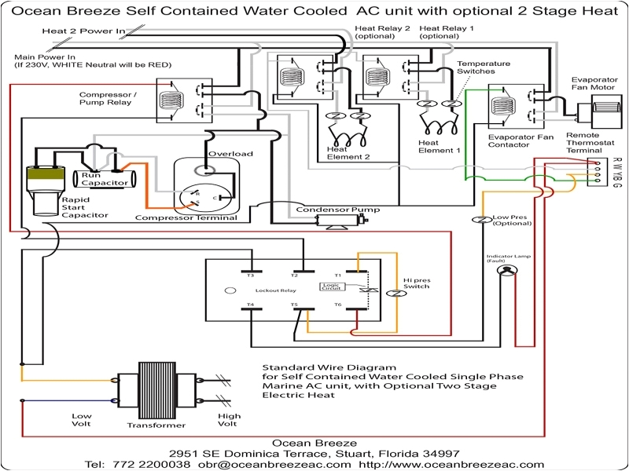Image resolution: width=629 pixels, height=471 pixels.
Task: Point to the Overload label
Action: pyautogui.click(x=230, y=154)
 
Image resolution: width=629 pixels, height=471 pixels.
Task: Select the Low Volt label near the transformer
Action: pyautogui.click(x=83, y=420)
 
